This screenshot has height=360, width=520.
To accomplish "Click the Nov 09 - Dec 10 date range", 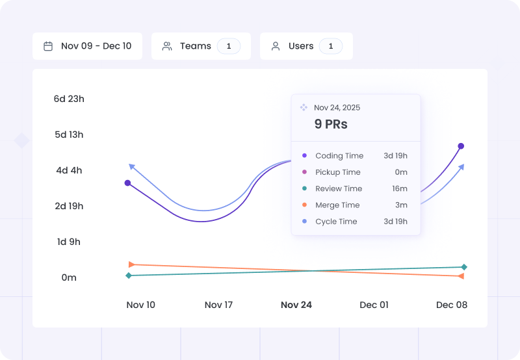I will (x=96, y=46).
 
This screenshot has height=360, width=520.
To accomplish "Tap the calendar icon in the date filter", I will (x=48, y=46).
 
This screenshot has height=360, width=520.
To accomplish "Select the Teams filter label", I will (x=195, y=46).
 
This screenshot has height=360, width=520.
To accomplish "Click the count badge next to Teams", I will (x=229, y=46).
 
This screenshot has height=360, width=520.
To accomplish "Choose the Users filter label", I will (x=301, y=46).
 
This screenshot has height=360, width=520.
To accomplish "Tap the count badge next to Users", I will (x=331, y=46).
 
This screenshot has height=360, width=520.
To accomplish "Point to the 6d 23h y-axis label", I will (x=69, y=99).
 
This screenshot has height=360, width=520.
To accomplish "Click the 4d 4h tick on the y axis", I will (x=69, y=170).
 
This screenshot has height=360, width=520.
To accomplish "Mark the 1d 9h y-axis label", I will (x=69, y=242).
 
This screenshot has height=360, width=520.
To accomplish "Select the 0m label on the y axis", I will (x=69, y=277).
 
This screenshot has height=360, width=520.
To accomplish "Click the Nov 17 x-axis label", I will (x=218, y=305).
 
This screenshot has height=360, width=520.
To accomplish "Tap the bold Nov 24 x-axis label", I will (x=296, y=305).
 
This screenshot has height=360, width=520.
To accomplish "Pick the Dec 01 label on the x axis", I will (x=374, y=305).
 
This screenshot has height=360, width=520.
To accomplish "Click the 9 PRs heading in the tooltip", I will (x=331, y=124).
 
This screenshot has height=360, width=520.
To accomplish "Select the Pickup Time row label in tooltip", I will (x=337, y=172).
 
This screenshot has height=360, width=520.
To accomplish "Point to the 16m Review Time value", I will (x=400, y=188).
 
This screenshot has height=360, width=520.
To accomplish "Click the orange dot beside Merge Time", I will (x=304, y=205).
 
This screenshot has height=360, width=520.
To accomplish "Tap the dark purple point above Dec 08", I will (x=461, y=146).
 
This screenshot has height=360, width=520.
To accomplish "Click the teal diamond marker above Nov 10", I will (x=129, y=276).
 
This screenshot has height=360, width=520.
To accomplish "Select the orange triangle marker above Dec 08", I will (x=461, y=276).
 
